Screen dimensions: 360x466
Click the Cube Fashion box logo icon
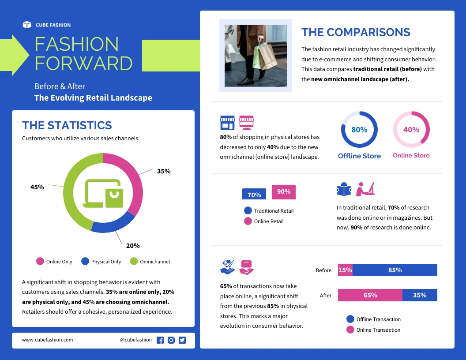pyautogui.click(x=27, y=25)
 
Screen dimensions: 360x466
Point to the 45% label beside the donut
pyautogui.click(x=37, y=187)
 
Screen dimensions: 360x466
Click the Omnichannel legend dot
pyautogui.click(x=134, y=261)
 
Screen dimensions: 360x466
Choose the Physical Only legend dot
pyautogui.click(x=85, y=261)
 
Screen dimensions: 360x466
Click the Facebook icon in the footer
pyautogui.click(x=160, y=340)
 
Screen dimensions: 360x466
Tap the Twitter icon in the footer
pyautogui.click(x=182, y=340)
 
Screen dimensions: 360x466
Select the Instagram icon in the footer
pyautogui.click(x=171, y=340)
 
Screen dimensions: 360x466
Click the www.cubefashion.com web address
pyautogui.click(x=47, y=340)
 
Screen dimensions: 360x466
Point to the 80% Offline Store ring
pyautogui.click(x=359, y=130)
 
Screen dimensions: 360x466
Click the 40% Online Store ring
pyautogui.click(x=411, y=130)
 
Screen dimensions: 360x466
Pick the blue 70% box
pyautogui.click(x=254, y=195)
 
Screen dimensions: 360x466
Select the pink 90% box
pyautogui.click(x=284, y=192)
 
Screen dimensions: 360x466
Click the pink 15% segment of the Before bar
pyautogui.click(x=345, y=270)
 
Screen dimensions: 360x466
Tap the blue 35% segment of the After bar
pyautogui.click(x=420, y=295)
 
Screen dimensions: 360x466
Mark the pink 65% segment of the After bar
pyautogui.click(x=370, y=295)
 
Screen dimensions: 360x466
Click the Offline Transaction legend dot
pyautogui.click(x=350, y=319)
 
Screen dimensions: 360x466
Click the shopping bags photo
pyautogui.click(x=256, y=56)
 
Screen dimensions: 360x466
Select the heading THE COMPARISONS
pyautogui.click(x=356, y=32)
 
